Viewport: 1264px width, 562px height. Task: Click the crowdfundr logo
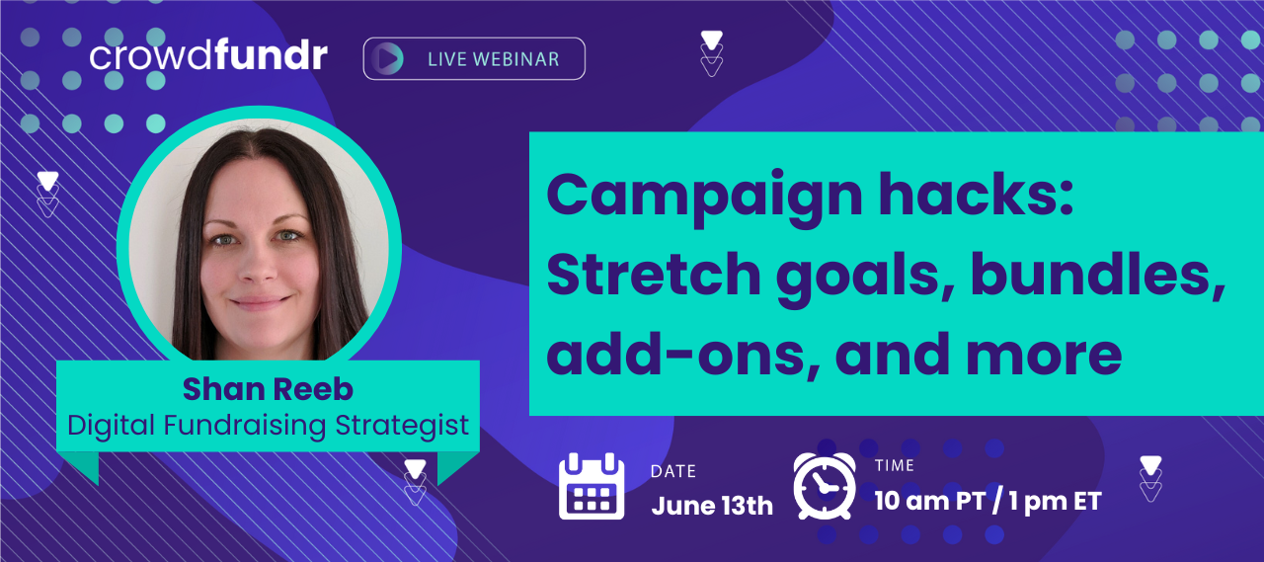coord(208,55)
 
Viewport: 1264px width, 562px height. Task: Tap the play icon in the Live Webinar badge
coord(389,58)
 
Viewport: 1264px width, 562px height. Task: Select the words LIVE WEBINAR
coord(493,59)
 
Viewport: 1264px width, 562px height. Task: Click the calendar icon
coord(592,486)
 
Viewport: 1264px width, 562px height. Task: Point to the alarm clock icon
coord(825,486)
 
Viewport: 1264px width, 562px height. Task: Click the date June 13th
coord(712,505)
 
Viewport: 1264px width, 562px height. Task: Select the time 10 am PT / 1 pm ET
coord(988,501)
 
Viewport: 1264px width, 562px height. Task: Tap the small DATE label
coord(673,471)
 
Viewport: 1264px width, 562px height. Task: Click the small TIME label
coord(895,465)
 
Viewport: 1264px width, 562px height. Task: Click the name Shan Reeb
coord(268,389)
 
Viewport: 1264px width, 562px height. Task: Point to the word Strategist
coord(402,426)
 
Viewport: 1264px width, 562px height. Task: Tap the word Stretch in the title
coord(654,275)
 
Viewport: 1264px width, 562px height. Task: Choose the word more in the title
coord(1044,358)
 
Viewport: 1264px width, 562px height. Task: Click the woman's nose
coord(260,266)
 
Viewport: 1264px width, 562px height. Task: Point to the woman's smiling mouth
coord(262,302)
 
